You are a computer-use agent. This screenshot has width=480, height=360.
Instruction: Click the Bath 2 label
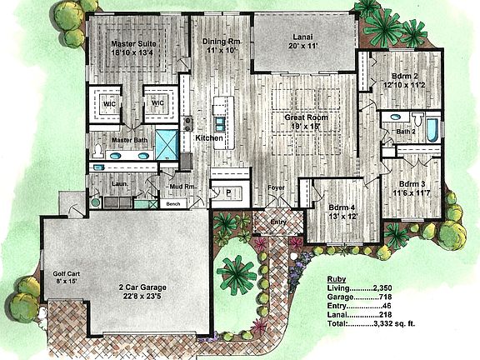405,132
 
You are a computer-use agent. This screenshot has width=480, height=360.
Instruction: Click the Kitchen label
209,137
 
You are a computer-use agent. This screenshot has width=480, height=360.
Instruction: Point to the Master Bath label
130,140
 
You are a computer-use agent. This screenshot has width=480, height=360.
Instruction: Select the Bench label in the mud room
173,202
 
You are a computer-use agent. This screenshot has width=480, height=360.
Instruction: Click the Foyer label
276,187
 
